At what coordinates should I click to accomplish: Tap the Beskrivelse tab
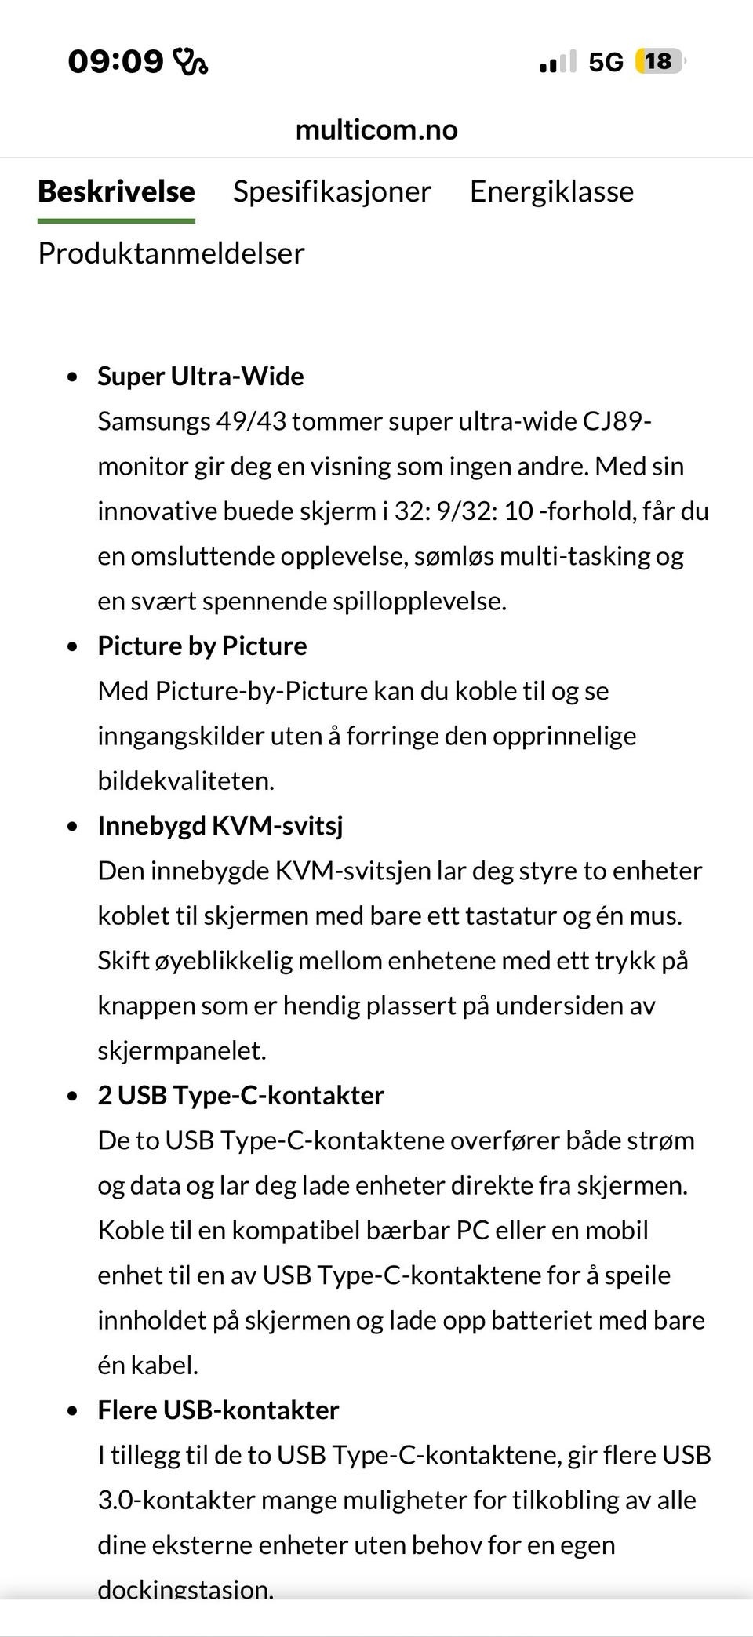tap(116, 192)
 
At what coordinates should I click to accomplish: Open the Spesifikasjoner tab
tap(332, 192)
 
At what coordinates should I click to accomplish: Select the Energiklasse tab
tap(551, 192)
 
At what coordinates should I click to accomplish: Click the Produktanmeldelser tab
tap(171, 253)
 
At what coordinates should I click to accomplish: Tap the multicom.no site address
tap(376, 129)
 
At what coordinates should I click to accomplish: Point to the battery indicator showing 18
tap(660, 61)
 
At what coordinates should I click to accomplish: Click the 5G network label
tap(606, 62)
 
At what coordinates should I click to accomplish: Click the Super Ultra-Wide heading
tap(200, 377)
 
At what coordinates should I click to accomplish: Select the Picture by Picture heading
tap(202, 646)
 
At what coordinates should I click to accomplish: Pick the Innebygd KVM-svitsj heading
tap(220, 826)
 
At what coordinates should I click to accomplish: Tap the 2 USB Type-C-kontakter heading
tap(240, 1096)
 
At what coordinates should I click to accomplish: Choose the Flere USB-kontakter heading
tap(218, 1410)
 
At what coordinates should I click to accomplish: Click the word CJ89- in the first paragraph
tap(617, 422)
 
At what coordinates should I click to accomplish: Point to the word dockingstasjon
tap(185, 1589)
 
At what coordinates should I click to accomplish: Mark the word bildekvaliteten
tap(185, 781)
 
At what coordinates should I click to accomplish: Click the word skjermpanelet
tap(181, 1051)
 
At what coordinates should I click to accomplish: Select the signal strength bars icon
tap(558, 62)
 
